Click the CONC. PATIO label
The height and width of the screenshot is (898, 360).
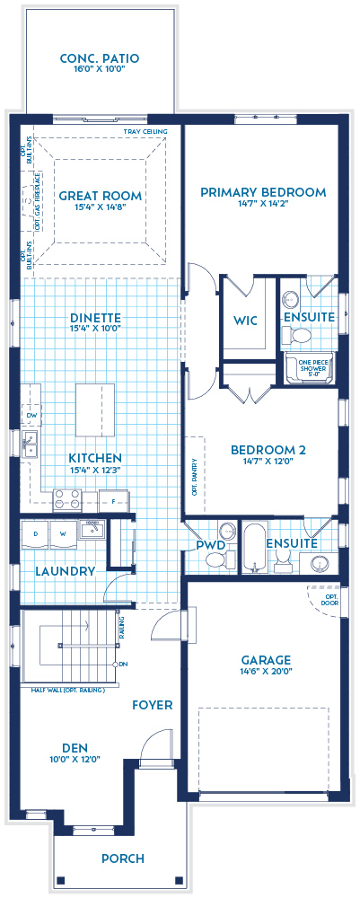tap(100, 59)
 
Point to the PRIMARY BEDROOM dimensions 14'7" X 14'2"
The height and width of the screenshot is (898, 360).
tap(262, 204)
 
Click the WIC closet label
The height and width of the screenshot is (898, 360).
tap(246, 320)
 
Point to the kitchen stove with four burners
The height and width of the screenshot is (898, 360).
tap(68, 498)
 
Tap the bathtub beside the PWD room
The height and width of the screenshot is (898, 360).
tap(254, 546)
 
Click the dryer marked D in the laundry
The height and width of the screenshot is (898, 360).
tap(36, 533)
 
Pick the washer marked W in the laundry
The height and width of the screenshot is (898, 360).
tap(63, 533)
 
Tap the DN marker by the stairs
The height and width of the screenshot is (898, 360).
tap(124, 664)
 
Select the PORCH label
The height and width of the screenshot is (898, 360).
tap(123, 858)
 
